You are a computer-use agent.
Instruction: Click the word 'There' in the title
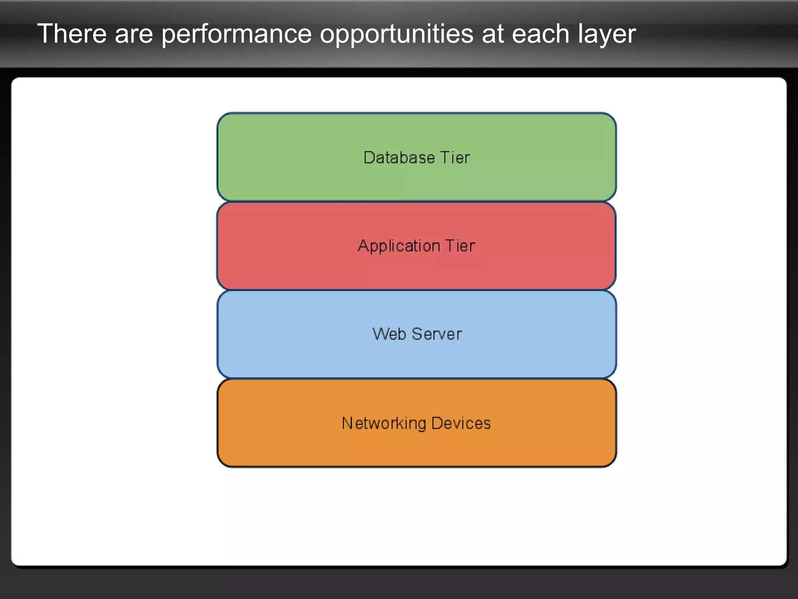pyautogui.click(x=72, y=34)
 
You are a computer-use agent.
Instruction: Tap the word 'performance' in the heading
pyautogui.click(x=237, y=34)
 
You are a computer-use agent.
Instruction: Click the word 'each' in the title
pyautogui.click(x=540, y=34)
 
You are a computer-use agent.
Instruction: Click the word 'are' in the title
pyautogui.click(x=134, y=34)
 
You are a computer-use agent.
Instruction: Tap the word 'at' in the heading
pyautogui.click(x=493, y=34)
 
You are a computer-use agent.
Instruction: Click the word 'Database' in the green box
pyautogui.click(x=399, y=158)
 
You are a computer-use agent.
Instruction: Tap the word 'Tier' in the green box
pyautogui.click(x=455, y=158)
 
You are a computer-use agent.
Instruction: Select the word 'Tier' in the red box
pyautogui.click(x=460, y=246)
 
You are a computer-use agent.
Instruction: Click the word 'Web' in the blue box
pyautogui.click(x=389, y=334)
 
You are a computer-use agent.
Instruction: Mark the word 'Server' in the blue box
pyautogui.click(x=437, y=334)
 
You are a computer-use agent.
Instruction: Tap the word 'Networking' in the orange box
pyautogui.click(x=384, y=424)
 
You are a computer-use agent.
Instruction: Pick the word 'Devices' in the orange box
pyautogui.click(x=461, y=423)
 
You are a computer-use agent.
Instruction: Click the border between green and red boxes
pyautogui.click(x=416, y=202)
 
